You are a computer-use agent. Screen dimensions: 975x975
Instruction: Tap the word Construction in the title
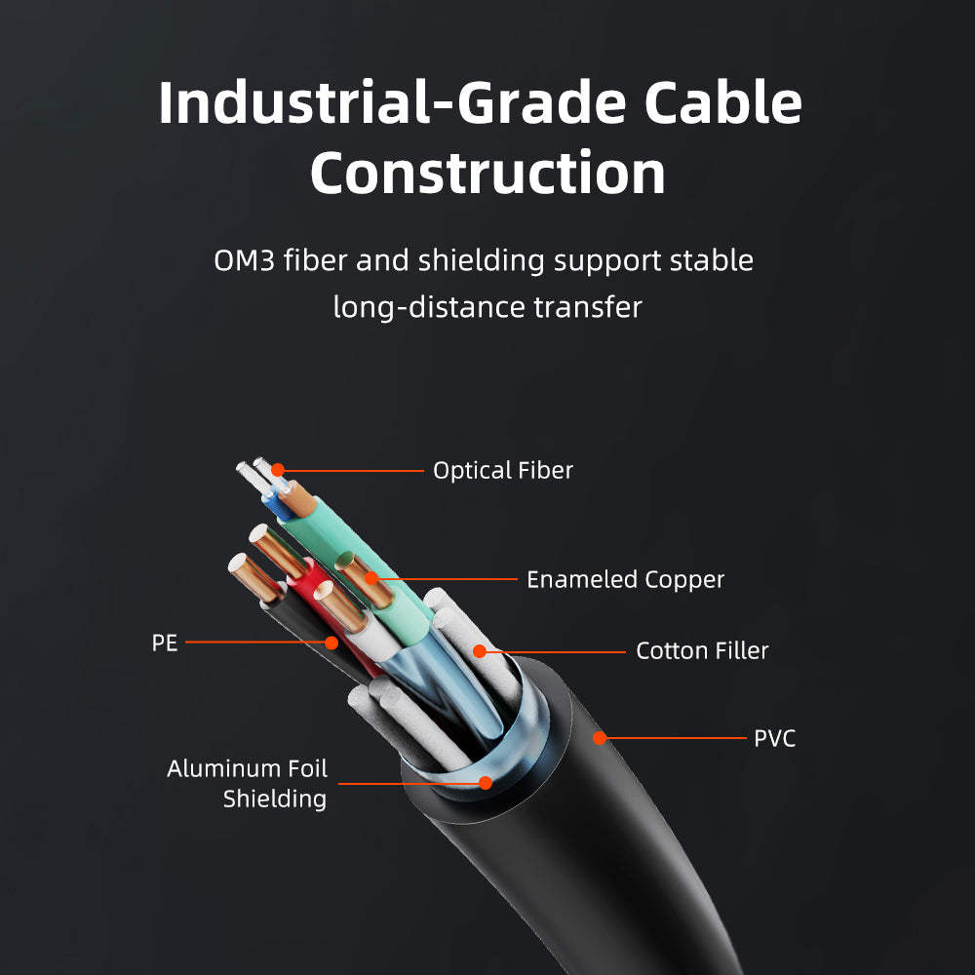[x=488, y=173]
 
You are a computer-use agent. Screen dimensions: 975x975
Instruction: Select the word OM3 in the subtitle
[x=244, y=260]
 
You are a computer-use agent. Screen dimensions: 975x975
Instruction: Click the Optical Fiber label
[x=503, y=471]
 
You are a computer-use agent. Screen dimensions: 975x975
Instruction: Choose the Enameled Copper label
[x=626, y=580]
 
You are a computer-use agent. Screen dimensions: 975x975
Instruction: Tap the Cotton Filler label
[x=702, y=651]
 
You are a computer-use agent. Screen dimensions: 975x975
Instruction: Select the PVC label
[x=775, y=739]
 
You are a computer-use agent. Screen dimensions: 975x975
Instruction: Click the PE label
[x=165, y=643]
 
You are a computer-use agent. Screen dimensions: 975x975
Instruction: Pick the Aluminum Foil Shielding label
[x=247, y=784]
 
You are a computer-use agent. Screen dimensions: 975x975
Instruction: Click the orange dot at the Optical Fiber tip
[x=278, y=470]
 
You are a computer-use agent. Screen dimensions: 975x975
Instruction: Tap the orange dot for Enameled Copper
[x=371, y=578]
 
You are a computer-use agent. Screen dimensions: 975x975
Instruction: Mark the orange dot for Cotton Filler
[x=480, y=651]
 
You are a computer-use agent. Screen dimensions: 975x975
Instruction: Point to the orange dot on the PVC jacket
[x=600, y=738]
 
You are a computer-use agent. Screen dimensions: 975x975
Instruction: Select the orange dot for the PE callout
[x=331, y=643]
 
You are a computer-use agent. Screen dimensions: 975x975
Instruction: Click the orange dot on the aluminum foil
[x=486, y=783]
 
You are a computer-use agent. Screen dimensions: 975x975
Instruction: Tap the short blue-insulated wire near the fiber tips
[x=277, y=504]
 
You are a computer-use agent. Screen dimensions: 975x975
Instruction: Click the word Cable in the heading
[x=722, y=102]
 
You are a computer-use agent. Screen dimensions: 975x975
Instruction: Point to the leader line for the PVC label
[x=676, y=738]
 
